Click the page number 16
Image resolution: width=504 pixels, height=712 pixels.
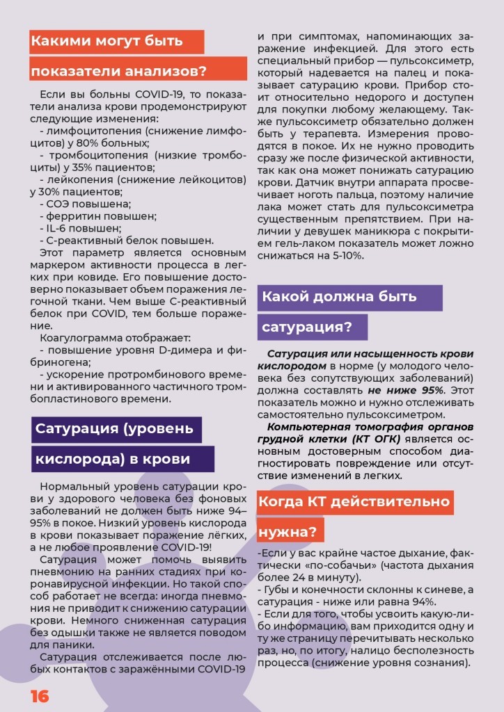pos(39,696)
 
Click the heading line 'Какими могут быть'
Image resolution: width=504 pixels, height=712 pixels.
pos(107,41)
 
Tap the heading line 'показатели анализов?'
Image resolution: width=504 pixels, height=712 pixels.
pos(118,71)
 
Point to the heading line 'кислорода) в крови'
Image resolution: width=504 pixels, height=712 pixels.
pos(113,460)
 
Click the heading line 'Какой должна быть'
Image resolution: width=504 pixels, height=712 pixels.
pos(339,296)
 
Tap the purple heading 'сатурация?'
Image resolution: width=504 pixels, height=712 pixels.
pos(307,327)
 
